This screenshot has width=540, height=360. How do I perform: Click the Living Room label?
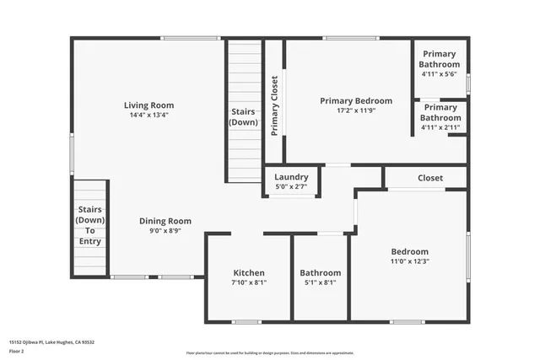148,105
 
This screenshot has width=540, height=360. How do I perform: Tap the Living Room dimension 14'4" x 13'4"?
148,116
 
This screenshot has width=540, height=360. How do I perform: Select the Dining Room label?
165,221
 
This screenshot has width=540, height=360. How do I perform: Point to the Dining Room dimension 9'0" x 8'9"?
165,231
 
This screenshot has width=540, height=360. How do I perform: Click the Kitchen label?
249,273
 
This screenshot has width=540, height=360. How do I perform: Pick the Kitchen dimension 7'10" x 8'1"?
249,283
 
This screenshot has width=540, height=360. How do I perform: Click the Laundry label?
292,177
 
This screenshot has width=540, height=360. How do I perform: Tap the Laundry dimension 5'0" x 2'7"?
292,186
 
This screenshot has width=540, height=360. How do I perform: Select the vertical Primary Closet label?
275,106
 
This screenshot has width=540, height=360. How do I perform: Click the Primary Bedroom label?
356,100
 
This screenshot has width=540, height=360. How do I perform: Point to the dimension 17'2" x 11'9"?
356,110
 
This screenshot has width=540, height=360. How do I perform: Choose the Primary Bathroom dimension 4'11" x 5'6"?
440,74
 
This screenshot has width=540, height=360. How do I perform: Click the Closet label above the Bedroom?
430,178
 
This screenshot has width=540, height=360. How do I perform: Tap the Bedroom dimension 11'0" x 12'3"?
410,262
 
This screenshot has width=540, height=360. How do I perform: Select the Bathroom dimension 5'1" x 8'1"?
321,283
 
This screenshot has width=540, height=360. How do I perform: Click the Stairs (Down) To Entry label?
90,225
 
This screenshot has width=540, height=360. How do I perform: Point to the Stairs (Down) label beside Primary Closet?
244,117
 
